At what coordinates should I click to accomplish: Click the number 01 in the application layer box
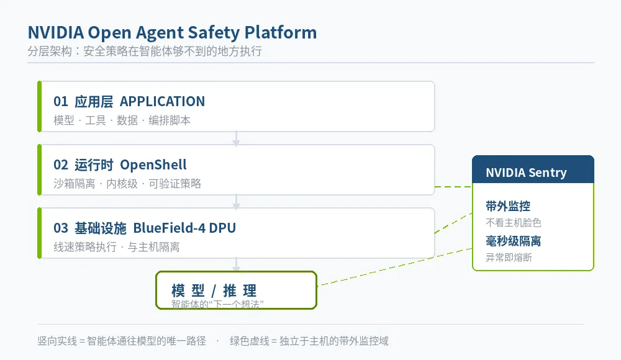click(61, 101)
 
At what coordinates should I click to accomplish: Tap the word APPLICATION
click(162, 101)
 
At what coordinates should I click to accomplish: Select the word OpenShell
click(153, 164)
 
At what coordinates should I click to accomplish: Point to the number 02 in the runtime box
click(61, 164)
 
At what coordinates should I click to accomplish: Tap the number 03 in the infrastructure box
click(61, 228)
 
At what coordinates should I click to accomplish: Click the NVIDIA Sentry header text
click(526, 173)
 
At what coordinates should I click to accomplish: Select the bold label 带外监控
click(508, 206)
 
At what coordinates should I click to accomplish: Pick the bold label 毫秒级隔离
click(514, 241)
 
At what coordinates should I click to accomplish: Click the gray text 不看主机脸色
click(514, 223)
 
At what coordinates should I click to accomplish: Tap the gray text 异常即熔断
click(509, 258)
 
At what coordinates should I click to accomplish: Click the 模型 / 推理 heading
click(214, 290)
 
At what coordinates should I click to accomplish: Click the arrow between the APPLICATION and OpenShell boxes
click(236, 138)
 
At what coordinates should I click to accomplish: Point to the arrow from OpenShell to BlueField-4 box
click(236, 202)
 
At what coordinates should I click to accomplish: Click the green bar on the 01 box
click(39, 106)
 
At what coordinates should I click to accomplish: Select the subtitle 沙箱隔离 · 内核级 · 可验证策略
click(127, 184)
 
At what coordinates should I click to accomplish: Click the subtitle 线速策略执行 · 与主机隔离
click(117, 247)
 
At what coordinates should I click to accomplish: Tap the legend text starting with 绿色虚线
click(309, 341)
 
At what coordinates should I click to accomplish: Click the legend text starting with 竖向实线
click(122, 341)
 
